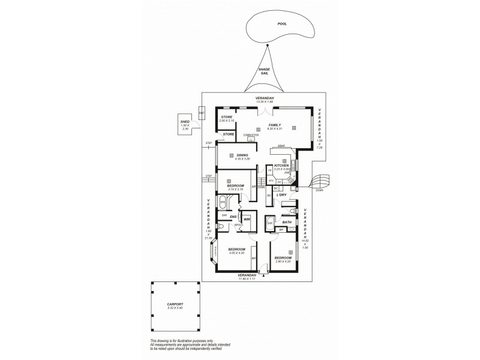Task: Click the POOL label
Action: pos(282,24)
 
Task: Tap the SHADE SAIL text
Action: pos(264,71)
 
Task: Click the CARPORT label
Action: pos(175,304)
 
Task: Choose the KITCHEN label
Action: pos(282,165)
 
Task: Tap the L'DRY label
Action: pos(281,194)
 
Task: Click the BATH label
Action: pos(287,222)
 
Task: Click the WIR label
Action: pos(247,220)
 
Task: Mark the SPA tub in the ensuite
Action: pos(223,202)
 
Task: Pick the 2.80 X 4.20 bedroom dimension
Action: pos(282,262)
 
